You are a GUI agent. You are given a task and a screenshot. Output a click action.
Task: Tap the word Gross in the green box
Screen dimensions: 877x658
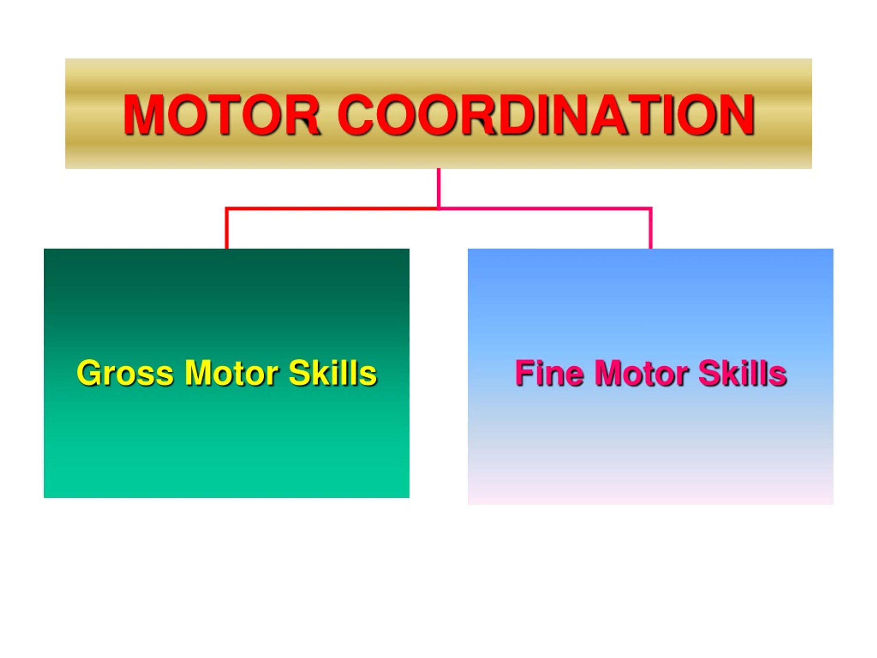[x=125, y=373]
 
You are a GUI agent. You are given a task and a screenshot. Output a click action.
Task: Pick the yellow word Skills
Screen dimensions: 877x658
[x=333, y=373]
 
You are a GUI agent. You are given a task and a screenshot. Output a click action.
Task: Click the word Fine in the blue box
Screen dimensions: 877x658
[x=549, y=373]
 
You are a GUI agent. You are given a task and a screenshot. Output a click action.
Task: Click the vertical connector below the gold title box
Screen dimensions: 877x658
[x=439, y=188]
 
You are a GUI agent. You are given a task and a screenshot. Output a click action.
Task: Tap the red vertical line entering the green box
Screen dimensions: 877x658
[x=227, y=229]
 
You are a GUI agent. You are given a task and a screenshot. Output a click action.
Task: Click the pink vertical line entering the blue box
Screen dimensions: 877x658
[x=651, y=229]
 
